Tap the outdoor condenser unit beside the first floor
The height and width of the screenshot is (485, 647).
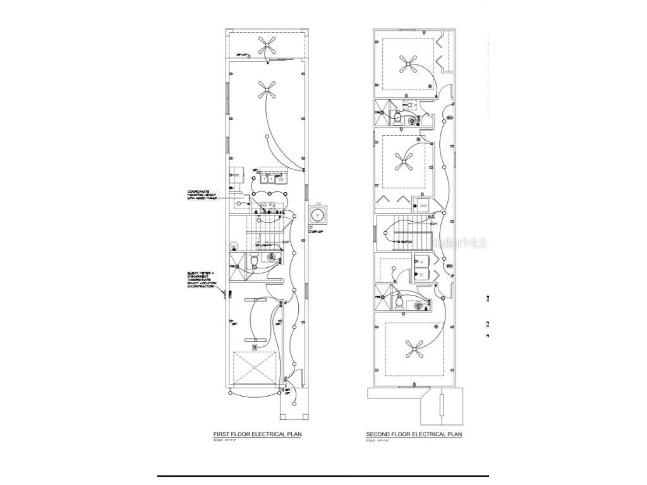[x=317, y=215]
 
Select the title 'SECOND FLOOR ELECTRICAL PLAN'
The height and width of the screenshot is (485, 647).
[x=414, y=435]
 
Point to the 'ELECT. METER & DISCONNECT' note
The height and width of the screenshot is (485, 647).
[x=202, y=280]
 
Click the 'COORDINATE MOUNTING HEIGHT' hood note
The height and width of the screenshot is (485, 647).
[x=202, y=196]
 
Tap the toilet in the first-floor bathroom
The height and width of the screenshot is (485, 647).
[x=253, y=260]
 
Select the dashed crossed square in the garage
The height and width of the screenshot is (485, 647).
[x=255, y=368]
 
